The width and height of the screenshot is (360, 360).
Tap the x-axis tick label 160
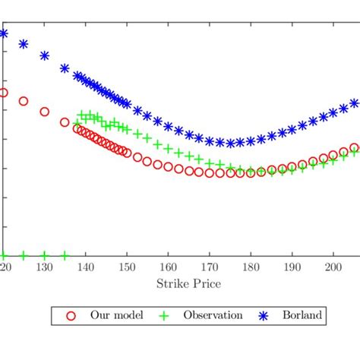point(168,267)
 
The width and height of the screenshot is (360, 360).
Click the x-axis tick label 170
point(209,267)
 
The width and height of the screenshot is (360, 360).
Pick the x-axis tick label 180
point(250,267)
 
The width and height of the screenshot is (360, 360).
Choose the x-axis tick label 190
point(292,267)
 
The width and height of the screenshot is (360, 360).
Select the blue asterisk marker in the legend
point(265,315)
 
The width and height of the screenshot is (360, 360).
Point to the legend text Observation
point(210,315)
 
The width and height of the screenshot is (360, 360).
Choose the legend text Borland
point(304,315)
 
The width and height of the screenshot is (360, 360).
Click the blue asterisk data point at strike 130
point(44,55)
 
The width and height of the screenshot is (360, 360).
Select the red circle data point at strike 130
point(44,111)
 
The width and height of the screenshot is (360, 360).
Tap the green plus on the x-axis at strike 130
point(44,255)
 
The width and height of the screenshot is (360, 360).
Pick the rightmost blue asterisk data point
point(354,103)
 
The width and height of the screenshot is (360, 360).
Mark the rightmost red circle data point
point(354,148)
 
